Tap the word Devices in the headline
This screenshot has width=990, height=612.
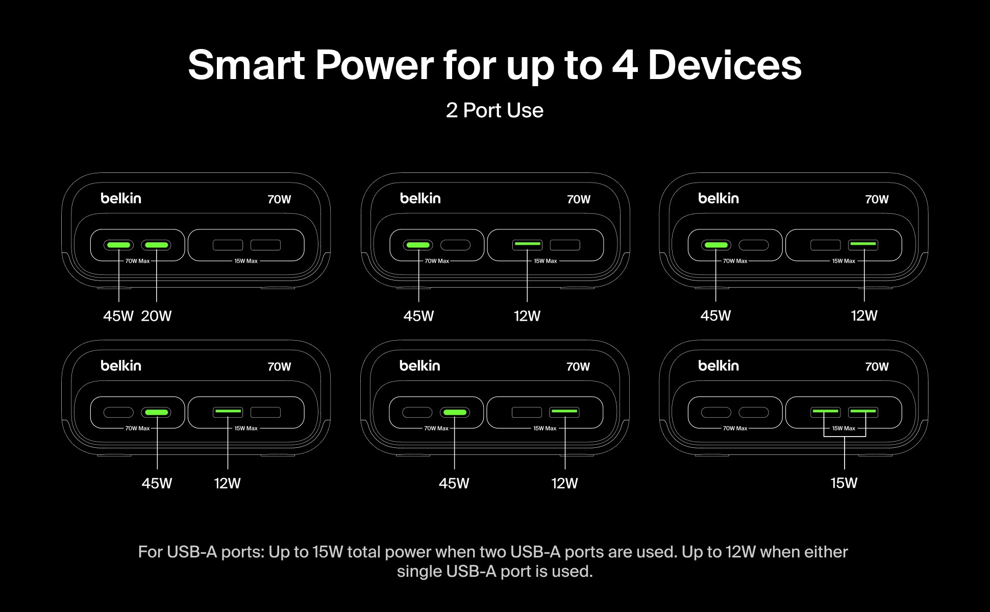click(x=725, y=65)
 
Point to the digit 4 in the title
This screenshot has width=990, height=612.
click(x=625, y=65)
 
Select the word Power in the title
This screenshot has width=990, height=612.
click(x=375, y=65)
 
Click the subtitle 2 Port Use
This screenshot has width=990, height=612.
click(x=494, y=110)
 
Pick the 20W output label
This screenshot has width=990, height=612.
click(x=156, y=316)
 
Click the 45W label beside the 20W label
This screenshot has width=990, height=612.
click(x=118, y=316)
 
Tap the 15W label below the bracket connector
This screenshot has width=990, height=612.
click(x=844, y=483)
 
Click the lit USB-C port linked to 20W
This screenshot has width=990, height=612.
click(x=157, y=245)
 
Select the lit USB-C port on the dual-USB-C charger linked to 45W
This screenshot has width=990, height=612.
click(x=119, y=245)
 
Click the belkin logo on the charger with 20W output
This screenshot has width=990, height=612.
click(x=121, y=198)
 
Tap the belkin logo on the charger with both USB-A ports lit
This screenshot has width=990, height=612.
click(x=719, y=366)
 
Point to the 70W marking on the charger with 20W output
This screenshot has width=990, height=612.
click(x=279, y=199)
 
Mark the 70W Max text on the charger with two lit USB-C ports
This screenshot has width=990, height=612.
click(x=137, y=261)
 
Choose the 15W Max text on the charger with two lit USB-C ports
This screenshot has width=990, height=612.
click(x=246, y=261)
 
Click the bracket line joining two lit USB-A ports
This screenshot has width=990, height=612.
click(x=845, y=437)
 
